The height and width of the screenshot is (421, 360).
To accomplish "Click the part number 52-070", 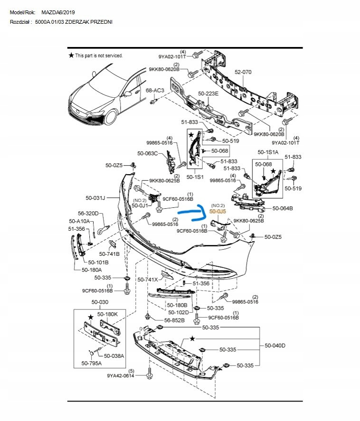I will tap(243, 73).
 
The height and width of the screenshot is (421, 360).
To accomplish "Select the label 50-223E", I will tap(208, 94).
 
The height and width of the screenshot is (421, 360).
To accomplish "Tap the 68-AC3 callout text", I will tap(155, 90).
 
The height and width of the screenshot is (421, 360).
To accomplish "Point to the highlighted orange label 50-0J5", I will tap(218, 210).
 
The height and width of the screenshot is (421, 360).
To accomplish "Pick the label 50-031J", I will tap(95, 197).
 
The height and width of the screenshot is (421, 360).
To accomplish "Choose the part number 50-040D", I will tap(275, 345).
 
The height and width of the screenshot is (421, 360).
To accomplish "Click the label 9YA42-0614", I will tap(121, 376).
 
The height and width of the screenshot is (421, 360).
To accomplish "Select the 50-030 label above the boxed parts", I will tap(100, 302).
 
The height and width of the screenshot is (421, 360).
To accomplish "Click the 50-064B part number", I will tap(283, 208).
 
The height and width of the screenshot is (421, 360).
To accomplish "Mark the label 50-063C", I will tap(147, 153).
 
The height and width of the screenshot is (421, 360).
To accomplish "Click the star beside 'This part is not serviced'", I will tap(71, 56).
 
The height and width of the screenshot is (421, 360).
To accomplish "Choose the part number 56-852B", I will tap(174, 320).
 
